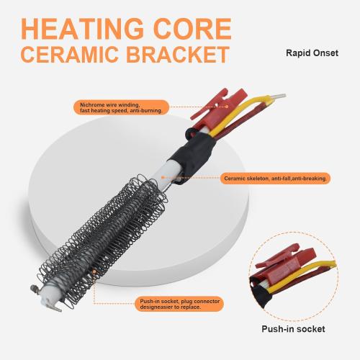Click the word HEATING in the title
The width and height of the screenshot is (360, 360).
82,29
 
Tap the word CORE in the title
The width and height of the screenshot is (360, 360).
192,29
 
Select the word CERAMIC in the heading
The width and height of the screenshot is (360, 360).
70,54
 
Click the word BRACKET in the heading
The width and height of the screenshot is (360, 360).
178,54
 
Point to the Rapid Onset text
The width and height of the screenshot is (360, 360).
312,53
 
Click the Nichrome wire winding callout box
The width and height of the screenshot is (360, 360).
121,107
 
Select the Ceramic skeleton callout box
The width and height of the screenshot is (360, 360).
275,179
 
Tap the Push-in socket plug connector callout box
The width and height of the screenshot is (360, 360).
179,304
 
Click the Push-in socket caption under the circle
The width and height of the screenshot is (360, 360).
293,329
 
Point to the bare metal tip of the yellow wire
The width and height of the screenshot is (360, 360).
280,96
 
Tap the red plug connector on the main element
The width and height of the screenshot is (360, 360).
217,108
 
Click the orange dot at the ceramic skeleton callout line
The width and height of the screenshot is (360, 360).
163,177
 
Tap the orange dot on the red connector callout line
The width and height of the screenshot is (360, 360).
227,107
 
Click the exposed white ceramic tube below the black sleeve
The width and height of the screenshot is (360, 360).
167,174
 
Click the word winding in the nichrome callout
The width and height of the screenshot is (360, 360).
128,105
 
